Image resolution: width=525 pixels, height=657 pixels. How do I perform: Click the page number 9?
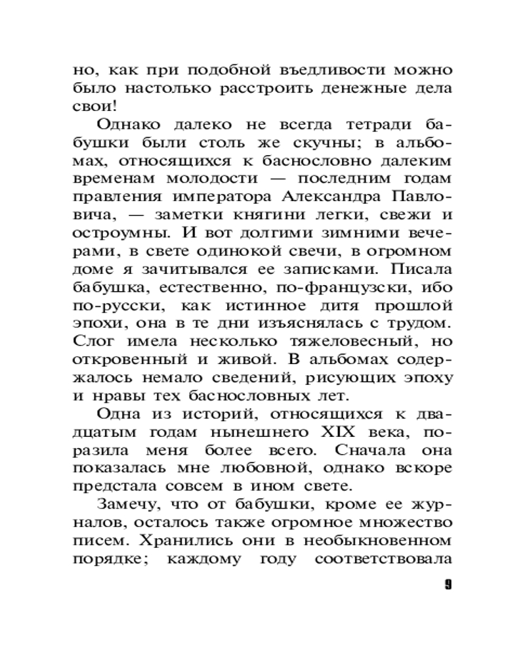(x=448, y=584)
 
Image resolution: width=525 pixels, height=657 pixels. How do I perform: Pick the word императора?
(x=221, y=196)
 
